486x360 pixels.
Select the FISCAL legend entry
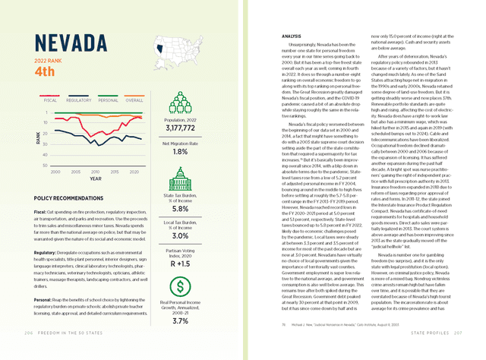coord(51,99)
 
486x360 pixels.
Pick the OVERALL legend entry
coord(134,99)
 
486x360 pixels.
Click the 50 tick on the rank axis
coord(46,165)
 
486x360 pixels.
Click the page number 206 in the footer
coord(29,353)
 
